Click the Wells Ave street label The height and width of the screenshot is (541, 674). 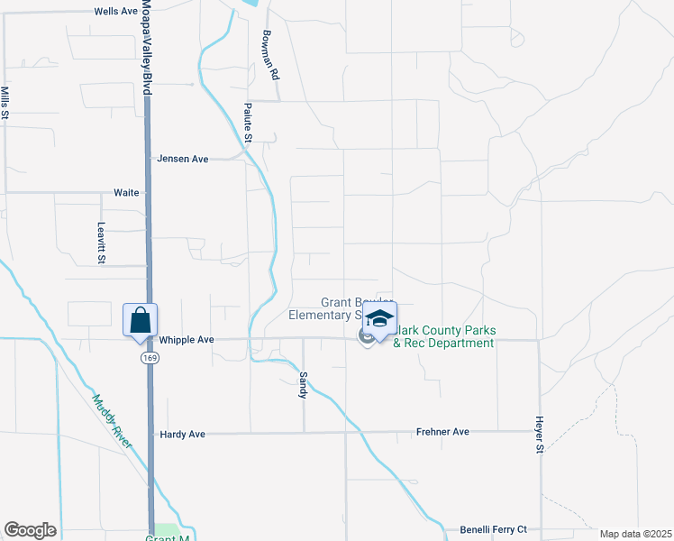(x=116, y=12)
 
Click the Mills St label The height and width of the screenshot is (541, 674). (x=5, y=103)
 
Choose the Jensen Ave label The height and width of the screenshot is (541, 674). (x=182, y=159)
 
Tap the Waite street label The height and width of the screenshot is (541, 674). (x=126, y=193)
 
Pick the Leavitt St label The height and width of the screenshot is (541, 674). (x=101, y=243)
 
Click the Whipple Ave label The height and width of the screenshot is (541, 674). (x=187, y=340)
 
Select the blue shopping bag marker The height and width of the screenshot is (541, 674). (x=141, y=320)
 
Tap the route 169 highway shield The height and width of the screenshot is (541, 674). (x=147, y=358)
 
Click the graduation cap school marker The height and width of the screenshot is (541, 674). (x=379, y=319)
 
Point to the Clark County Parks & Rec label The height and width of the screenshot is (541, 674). (x=443, y=337)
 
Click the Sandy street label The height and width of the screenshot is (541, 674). (x=304, y=385)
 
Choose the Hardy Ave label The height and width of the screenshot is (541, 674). (x=182, y=435)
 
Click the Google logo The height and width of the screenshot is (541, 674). (x=30, y=530)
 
